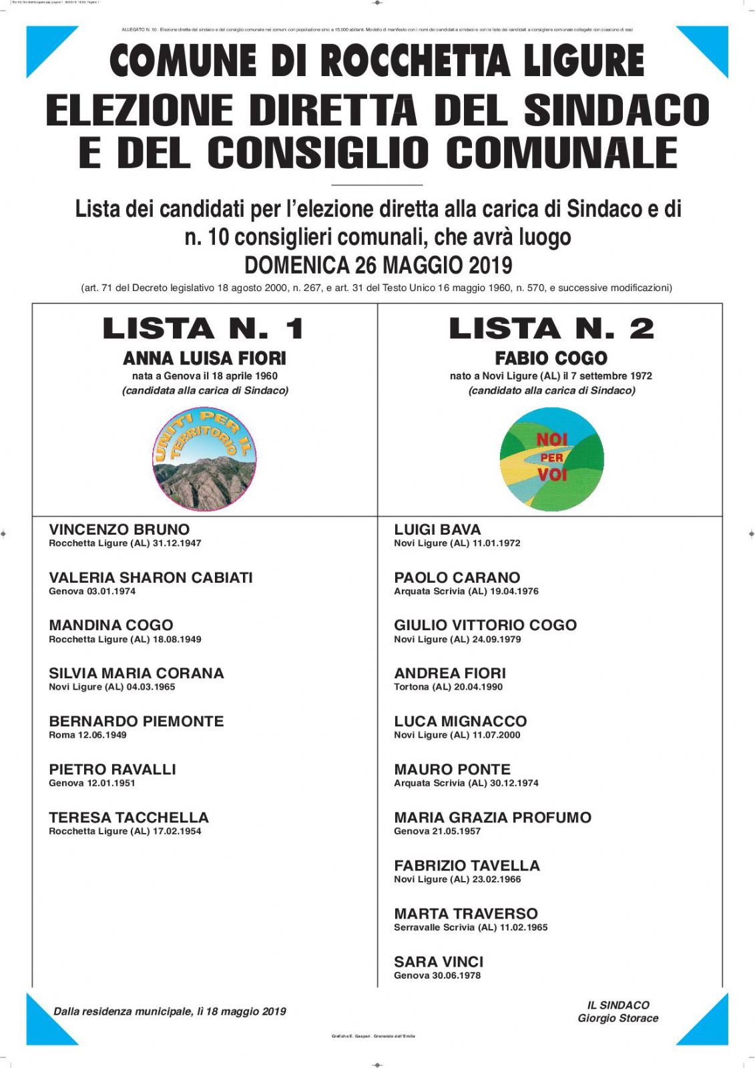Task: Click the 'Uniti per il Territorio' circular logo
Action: coord(204,461)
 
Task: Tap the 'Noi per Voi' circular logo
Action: coord(551,459)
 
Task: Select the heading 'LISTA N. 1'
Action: coord(204,328)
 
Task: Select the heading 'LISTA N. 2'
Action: coord(551,328)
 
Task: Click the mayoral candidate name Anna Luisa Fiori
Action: coord(204,358)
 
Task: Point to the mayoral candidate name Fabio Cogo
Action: coord(551,358)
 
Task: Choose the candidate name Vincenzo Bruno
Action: coord(119,529)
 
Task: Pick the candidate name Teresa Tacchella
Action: coord(129,818)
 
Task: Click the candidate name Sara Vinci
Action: coord(439,962)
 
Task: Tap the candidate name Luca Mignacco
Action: coord(460,722)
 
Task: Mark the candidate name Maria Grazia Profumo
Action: coord(493,818)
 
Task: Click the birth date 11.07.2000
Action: coord(496,735)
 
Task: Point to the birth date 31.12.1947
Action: coord(177,543)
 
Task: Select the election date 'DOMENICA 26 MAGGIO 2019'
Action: coord(378,265)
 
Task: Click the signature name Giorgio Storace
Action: coord(618,1019)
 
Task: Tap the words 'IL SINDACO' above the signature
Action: coord(618,1005)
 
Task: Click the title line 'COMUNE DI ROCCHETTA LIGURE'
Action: coord(377,60)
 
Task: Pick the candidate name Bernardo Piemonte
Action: coord(136,722)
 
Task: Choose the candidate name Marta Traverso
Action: coord(465,914)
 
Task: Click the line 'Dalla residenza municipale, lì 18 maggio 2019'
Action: coord(170,1012)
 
